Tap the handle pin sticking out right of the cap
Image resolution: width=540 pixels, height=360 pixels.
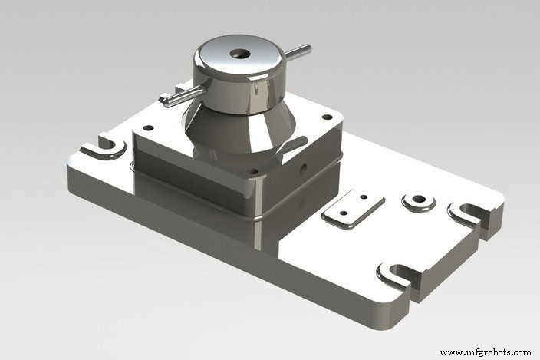point(298,52)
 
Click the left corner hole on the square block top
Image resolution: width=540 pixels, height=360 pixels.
point(148,128)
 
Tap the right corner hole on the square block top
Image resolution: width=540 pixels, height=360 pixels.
point(327,117)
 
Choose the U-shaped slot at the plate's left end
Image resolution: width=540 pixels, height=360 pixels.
point(107,146)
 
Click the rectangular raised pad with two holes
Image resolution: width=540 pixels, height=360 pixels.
point(352,209)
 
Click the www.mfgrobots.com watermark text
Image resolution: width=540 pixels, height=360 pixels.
point(486,352)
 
